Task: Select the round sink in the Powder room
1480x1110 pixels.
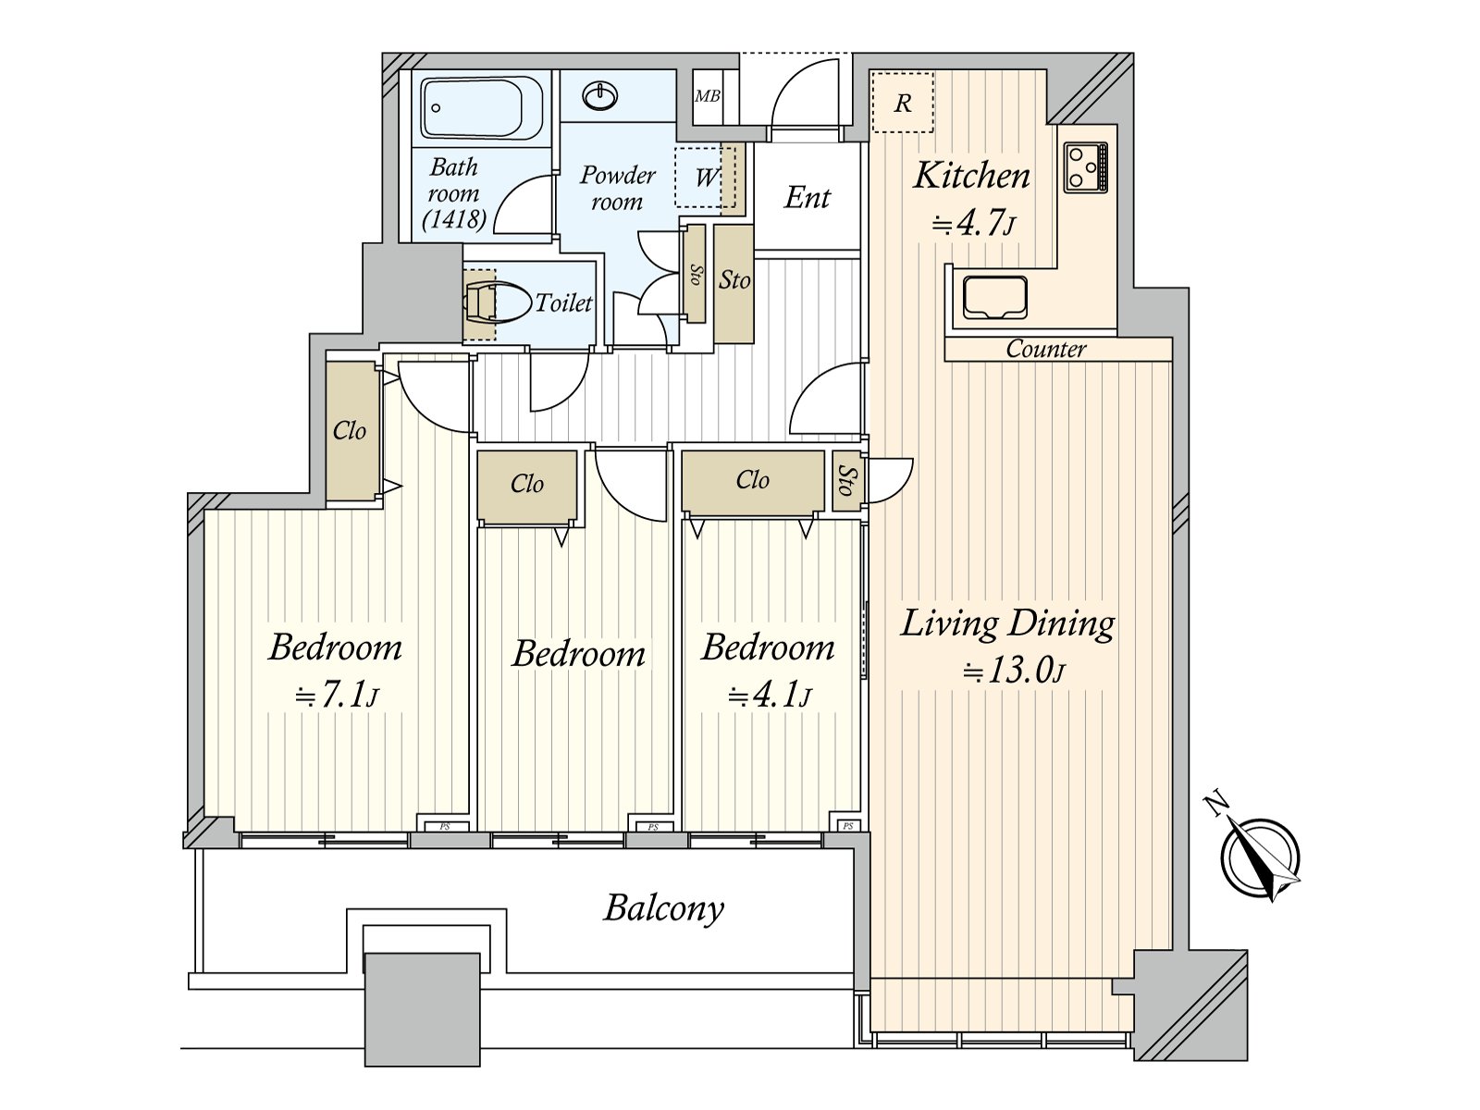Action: (599, 95)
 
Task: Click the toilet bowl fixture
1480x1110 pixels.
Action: (499, 303)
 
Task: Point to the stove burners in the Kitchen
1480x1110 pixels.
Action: (1086, 166)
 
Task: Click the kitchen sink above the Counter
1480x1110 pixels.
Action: (994, 297)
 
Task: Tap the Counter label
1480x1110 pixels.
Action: (1046, 349)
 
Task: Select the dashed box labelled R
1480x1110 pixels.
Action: (902, 103)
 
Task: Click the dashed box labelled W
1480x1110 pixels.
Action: (705, 178)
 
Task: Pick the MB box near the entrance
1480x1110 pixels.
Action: (708, 96)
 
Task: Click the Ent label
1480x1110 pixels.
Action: (807, 198)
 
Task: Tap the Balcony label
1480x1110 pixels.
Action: (663, 908)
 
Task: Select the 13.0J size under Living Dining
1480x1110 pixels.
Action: (1014, 672)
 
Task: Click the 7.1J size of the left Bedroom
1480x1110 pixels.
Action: (337, 695)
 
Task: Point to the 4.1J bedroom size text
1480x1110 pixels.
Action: (769, 695)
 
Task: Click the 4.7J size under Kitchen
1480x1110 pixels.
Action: (973, 224)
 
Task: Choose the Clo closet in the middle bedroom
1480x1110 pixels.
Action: (527, 486)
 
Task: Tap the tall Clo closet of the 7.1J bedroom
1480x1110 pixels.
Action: (351, 431)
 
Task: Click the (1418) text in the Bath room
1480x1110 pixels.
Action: (454, 220)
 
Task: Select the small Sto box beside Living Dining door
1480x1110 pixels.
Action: (847, 481)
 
